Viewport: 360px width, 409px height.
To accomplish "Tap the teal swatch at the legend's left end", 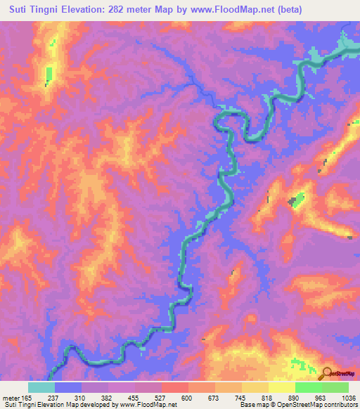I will point(41,387).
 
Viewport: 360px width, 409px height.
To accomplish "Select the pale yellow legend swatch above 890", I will point(281,387).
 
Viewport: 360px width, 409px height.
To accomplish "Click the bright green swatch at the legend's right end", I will point(335,387).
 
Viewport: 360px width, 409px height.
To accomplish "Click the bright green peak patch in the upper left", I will point(49,73).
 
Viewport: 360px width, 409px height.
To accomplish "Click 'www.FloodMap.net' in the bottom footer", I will point(148,405).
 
